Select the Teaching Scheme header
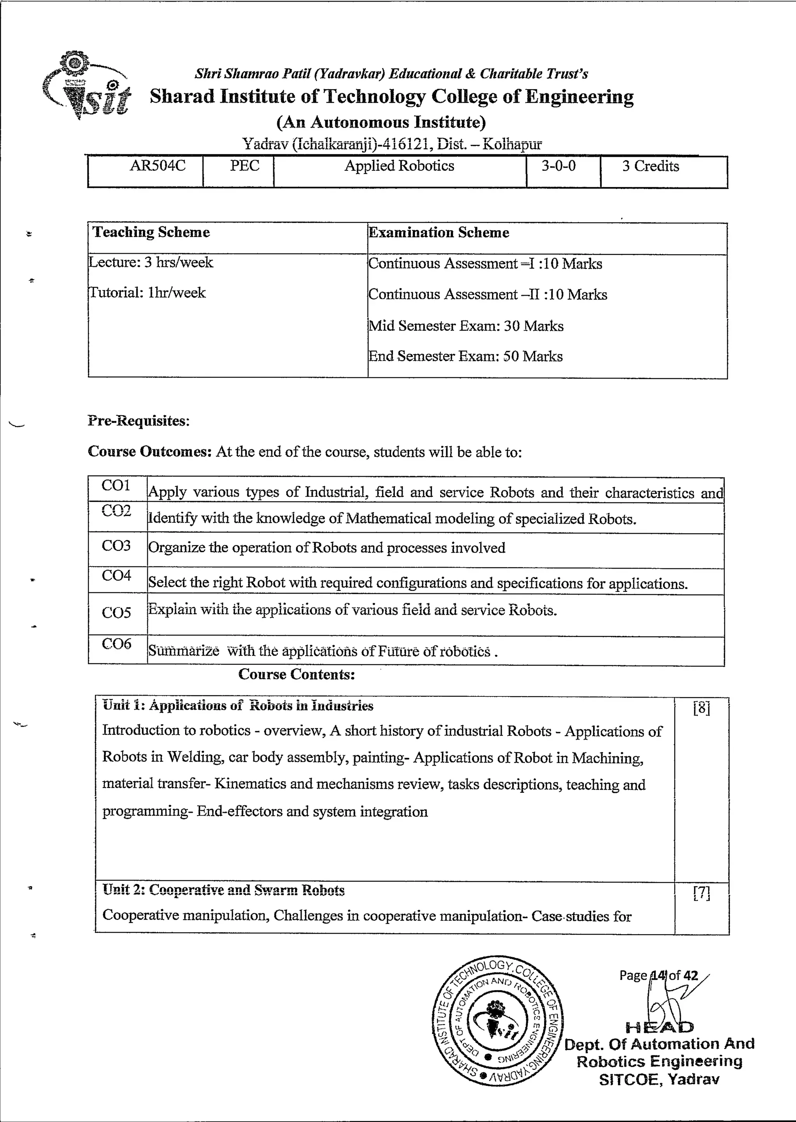tap(152, 232)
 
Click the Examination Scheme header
tap(439, 233)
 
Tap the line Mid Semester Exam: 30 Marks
tap(466, 326)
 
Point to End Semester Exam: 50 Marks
tap(465, 357)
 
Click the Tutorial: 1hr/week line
tap(147, 293)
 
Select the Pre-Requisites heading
tap(139, 421)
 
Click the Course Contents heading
tap(297, 675)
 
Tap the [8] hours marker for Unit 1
tap(702, 708)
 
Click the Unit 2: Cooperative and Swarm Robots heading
tap(223, 891)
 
